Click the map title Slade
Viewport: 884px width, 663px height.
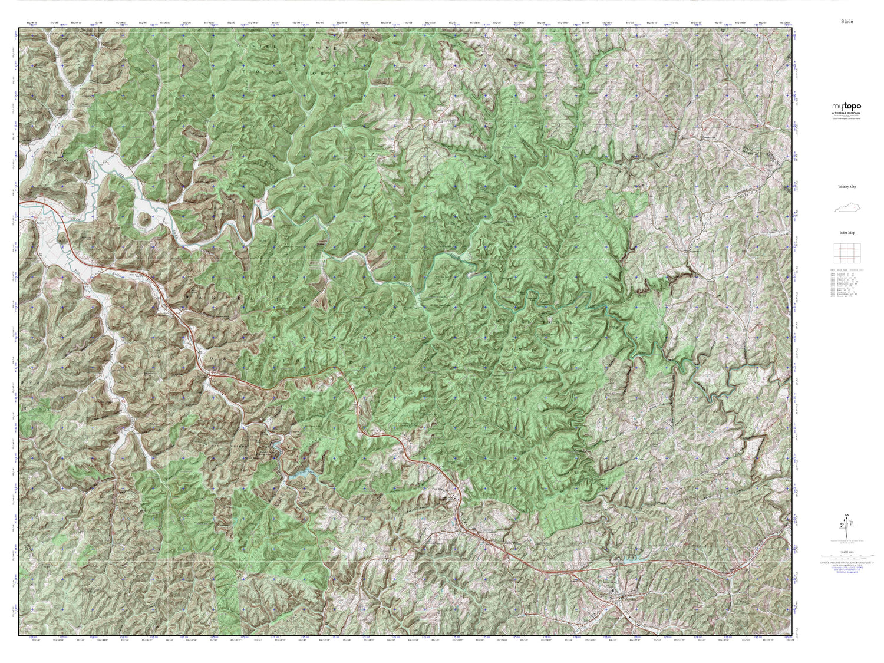click(847, 21)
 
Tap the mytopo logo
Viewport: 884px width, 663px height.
click(846, 107)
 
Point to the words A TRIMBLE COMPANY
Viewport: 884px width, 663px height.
click(846, 113)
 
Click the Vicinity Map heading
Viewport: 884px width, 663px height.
click(846, 186)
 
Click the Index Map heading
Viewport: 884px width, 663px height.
click(846, 233)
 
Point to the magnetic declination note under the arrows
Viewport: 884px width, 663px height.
click(846, 539)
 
